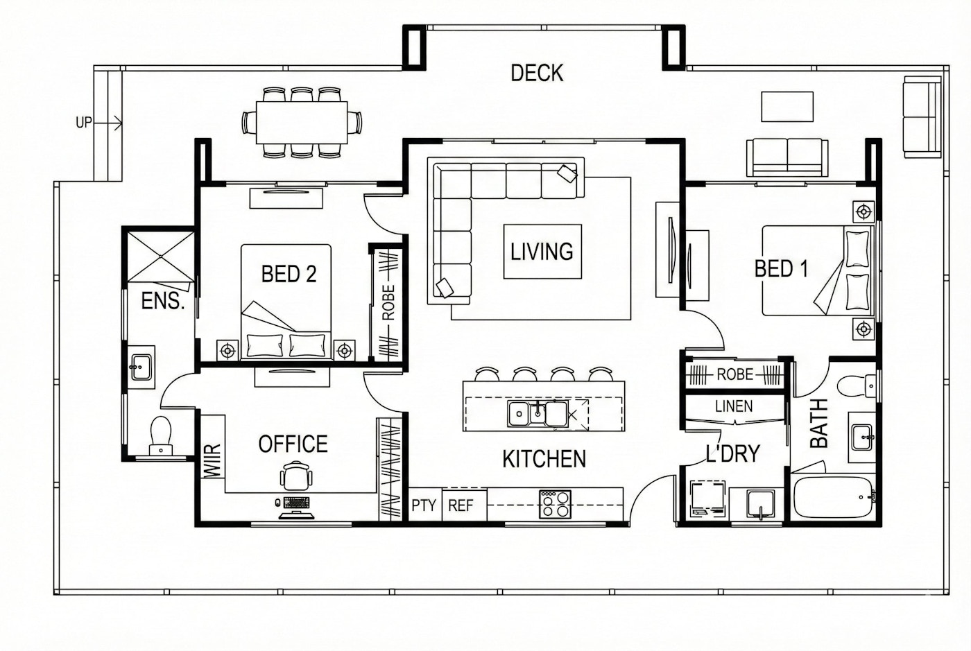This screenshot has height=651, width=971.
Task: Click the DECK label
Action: click(x=537, y=73)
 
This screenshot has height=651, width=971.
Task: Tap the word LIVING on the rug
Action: click(x=542, y=252)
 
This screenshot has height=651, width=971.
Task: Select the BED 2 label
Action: click(x=289, y=274)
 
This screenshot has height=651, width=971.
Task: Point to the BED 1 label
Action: click(x=781, y=269)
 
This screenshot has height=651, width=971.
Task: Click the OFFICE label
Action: click(x=293, y=444)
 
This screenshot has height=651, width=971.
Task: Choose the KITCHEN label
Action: click(x=544, y=458)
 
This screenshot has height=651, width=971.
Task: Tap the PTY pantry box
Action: click(x=424, y=505)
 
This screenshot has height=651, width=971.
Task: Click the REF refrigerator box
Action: click(x=464, y=505)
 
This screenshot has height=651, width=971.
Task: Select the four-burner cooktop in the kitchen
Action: click(x=555, y=505)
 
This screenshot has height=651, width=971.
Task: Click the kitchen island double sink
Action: click(x=538, y=413)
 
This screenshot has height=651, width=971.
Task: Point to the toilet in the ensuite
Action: click(x=160, y=436)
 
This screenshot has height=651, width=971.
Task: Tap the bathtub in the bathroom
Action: click(x=833, y=497)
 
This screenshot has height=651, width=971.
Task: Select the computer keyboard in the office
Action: click(x=297, y=503)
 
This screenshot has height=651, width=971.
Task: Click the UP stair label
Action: click(x=84, y=123)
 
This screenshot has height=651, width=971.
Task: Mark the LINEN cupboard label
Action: click(x=734, y=406)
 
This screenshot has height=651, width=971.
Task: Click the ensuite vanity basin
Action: click(x=141, y=367)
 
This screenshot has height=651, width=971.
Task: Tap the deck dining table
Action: click(x=302, y=123)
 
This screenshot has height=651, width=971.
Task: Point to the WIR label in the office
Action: click(x=212, y=460)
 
